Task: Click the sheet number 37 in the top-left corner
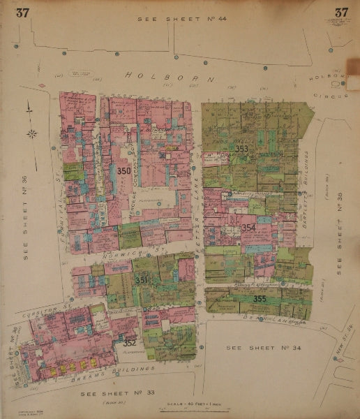(23, 12)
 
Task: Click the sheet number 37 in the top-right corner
(340, 12)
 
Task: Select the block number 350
(124, 171)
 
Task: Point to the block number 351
(141, 280)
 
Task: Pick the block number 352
(129, 343)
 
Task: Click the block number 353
(241, 149)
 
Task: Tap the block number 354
(249, 228)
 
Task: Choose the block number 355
(260, 299)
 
